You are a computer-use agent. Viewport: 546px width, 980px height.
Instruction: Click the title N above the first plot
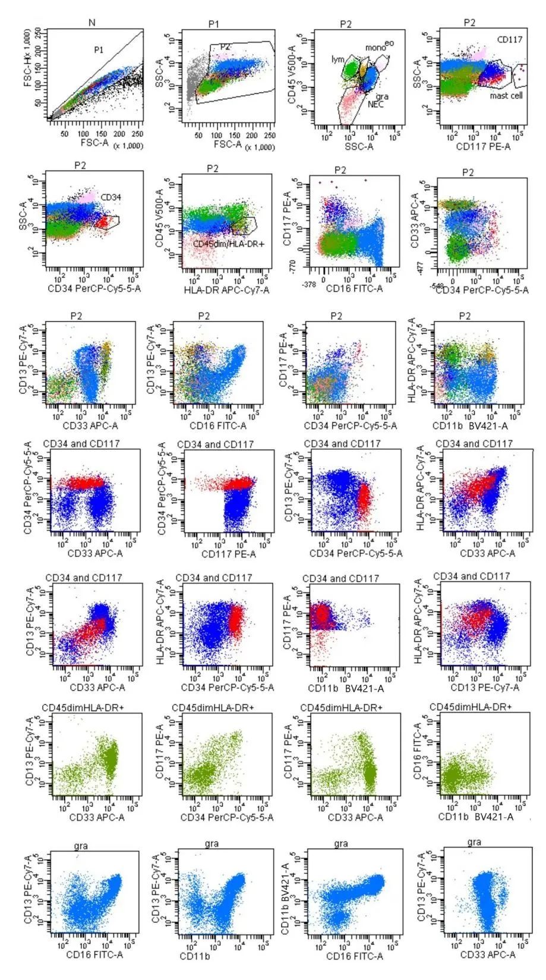click(92, 23)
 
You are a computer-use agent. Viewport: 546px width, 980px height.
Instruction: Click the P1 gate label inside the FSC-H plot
click(99, 51)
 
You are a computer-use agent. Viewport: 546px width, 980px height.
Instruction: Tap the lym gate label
click(337, 61)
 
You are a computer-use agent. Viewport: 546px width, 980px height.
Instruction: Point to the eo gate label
click(390, 43)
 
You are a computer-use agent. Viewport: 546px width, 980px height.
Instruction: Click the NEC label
click(376, 105)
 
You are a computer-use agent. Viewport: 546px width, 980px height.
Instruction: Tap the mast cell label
click(506, 95)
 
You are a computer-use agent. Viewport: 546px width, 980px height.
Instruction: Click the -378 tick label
click(309, 284)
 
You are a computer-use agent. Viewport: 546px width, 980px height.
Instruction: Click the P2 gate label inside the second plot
click(225, 46)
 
